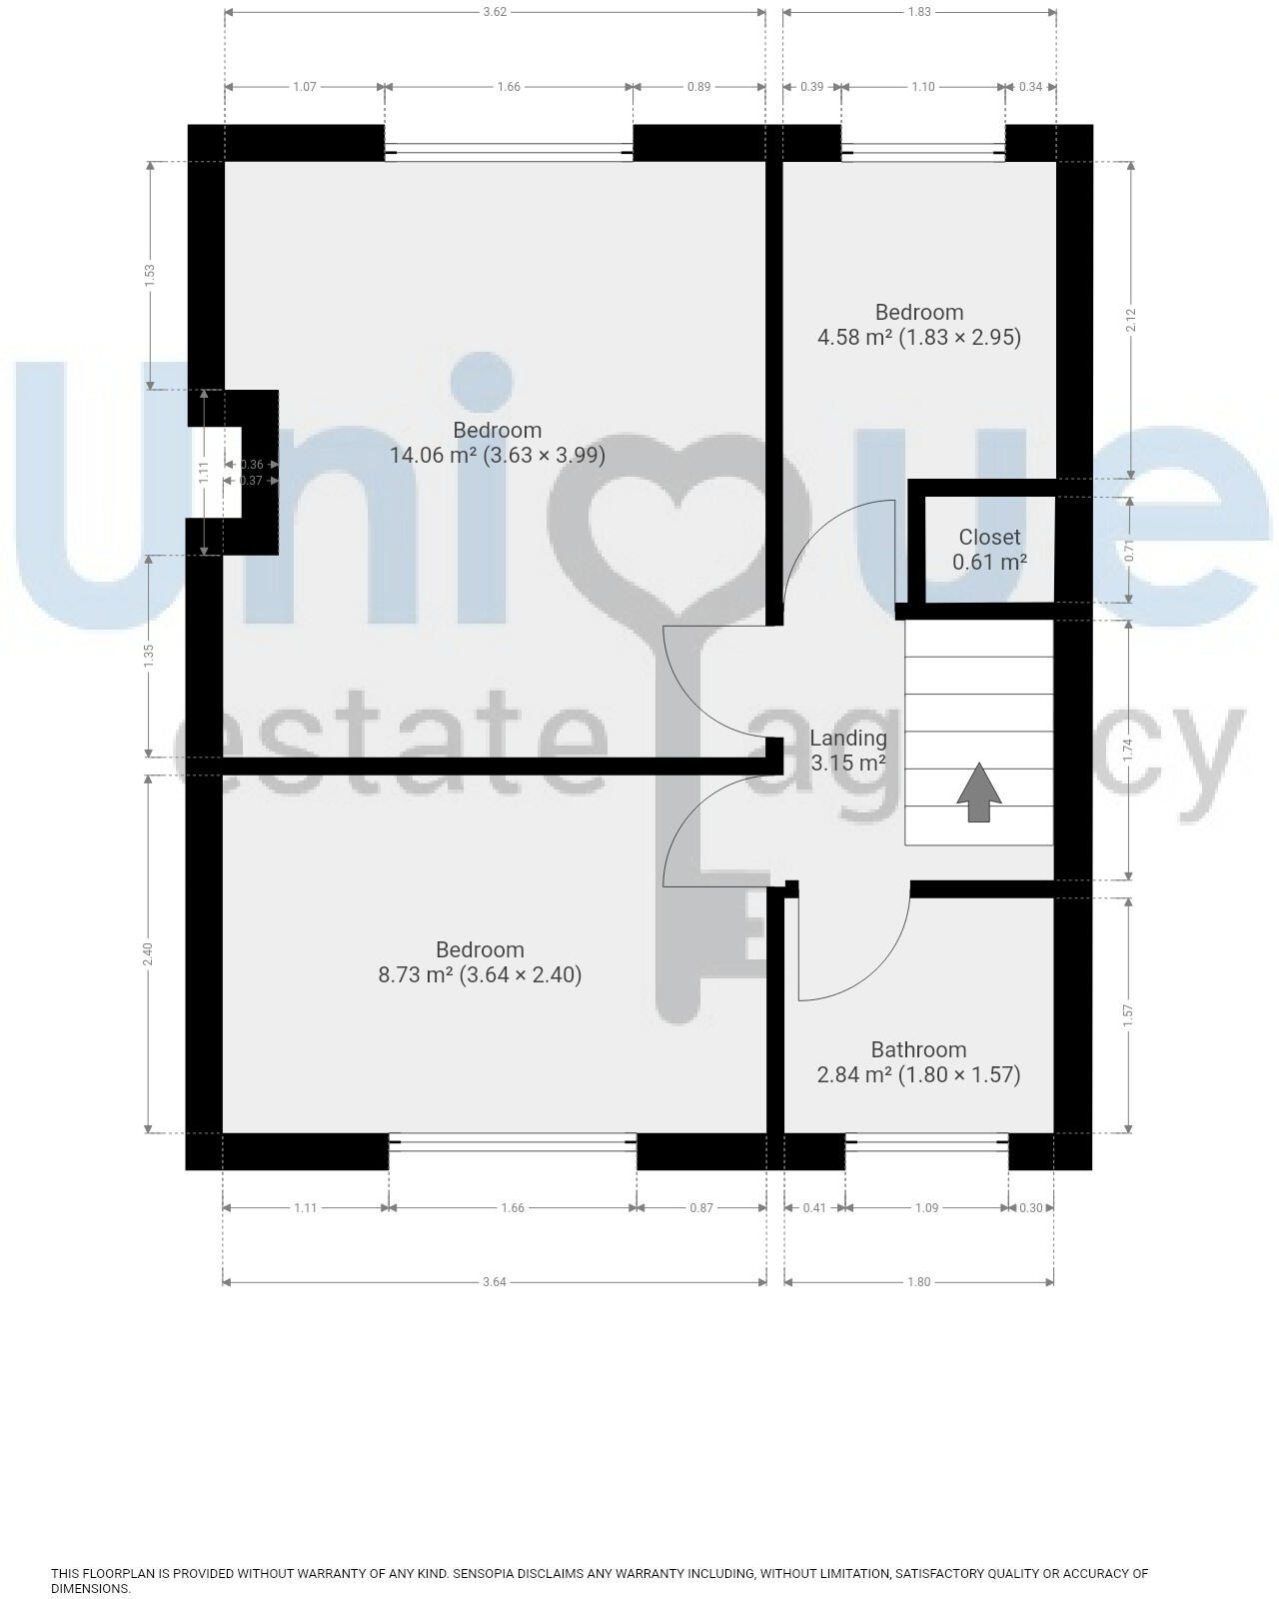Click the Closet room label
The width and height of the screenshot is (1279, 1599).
click(989, 538)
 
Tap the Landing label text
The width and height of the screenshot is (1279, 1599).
click(847, 739)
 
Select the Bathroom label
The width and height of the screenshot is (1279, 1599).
click(918, 1050)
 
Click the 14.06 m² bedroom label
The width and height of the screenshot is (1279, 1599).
click(497, 443)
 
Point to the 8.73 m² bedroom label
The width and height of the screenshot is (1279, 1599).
click(480, 962)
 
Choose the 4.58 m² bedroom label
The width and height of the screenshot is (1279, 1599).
click(919, 325)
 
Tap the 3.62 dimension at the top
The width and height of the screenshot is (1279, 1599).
click(495, 13)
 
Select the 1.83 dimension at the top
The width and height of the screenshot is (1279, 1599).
click(919, 13)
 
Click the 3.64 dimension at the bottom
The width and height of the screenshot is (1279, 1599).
click(495, 1282)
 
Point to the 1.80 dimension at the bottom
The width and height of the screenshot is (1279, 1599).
click(919, 1282)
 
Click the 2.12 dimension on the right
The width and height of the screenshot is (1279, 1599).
click(1130, 320)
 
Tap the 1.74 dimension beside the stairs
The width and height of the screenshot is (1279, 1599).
click(1130, 751)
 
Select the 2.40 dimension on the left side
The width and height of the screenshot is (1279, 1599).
click(148, 954)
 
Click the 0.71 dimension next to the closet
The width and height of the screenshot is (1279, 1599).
click(1130, 551)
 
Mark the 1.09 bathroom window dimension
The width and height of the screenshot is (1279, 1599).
click(926, 1208)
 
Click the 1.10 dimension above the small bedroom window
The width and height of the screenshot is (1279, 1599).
click(923, 87)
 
